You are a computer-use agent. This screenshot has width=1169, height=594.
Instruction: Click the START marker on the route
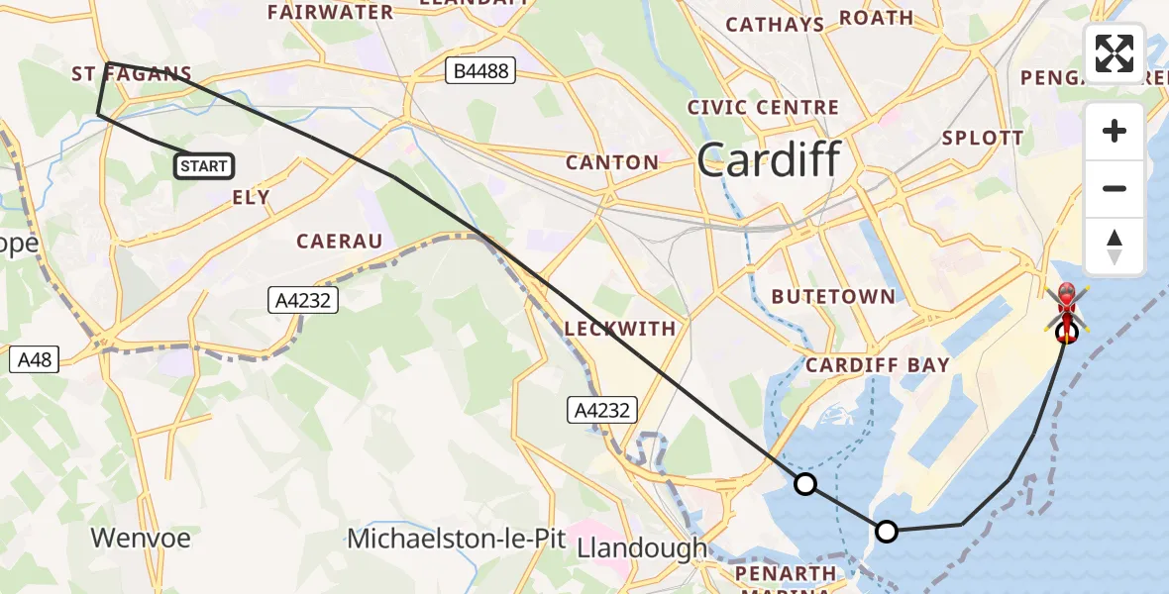pos(204,166)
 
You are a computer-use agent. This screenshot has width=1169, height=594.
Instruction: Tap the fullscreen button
pos(1115,53)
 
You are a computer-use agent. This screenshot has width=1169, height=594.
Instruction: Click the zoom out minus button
pos(1115,188)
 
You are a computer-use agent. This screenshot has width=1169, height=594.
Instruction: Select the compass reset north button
pos(1115,247)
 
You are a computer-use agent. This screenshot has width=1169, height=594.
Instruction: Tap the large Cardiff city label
pos(769,160)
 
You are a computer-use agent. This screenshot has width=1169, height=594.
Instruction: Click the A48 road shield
pos(33,358)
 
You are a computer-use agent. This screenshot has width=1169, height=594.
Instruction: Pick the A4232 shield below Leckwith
pos(600,409)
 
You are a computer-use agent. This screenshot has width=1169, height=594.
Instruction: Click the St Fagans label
pos(132,73)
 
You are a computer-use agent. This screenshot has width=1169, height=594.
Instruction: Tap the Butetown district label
pos(832,296)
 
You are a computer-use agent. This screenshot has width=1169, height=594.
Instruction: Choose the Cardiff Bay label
pos(877,364)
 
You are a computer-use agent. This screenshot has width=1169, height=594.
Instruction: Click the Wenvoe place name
pos(141,539)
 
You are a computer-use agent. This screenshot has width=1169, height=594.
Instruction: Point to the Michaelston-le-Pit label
pos(455,540)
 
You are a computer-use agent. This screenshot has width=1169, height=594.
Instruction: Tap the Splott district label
pos(983,138)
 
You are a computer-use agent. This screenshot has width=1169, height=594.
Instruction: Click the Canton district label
pos(611,162)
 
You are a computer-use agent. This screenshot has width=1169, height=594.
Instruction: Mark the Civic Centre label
pos(763,107)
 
